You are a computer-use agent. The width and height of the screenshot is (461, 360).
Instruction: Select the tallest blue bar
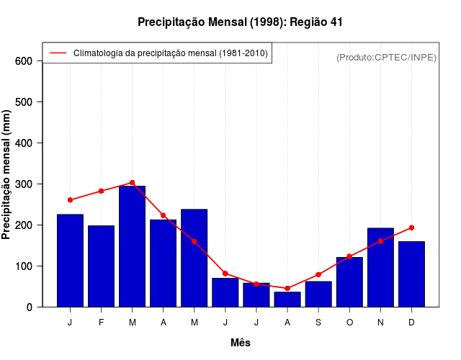coord(132,246)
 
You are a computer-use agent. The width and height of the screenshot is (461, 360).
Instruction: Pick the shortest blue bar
coord(287,299)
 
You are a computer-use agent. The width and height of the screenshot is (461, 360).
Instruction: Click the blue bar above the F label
coord(101,266)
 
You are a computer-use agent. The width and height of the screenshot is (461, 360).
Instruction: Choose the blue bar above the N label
coord(380,267)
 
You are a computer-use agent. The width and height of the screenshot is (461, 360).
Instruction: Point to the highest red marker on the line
coord(132,183)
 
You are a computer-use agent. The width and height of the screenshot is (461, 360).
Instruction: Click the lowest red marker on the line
coord(287,288)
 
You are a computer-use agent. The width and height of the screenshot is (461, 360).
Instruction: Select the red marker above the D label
coord(411,228)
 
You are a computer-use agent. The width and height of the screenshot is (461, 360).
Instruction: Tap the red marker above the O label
coord(349,256)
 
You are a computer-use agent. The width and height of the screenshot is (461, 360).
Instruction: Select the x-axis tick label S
coord(318,323)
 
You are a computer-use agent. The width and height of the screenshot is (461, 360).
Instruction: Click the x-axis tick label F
coord(101,323)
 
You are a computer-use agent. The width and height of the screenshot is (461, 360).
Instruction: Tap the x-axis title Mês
coord(241,343)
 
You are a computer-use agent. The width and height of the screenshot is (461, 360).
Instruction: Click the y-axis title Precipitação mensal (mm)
coord(7,174)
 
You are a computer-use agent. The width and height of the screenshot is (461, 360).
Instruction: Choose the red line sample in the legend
coord(57,53)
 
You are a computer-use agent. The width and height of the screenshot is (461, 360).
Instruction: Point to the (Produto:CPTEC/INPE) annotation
coord(386,57)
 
